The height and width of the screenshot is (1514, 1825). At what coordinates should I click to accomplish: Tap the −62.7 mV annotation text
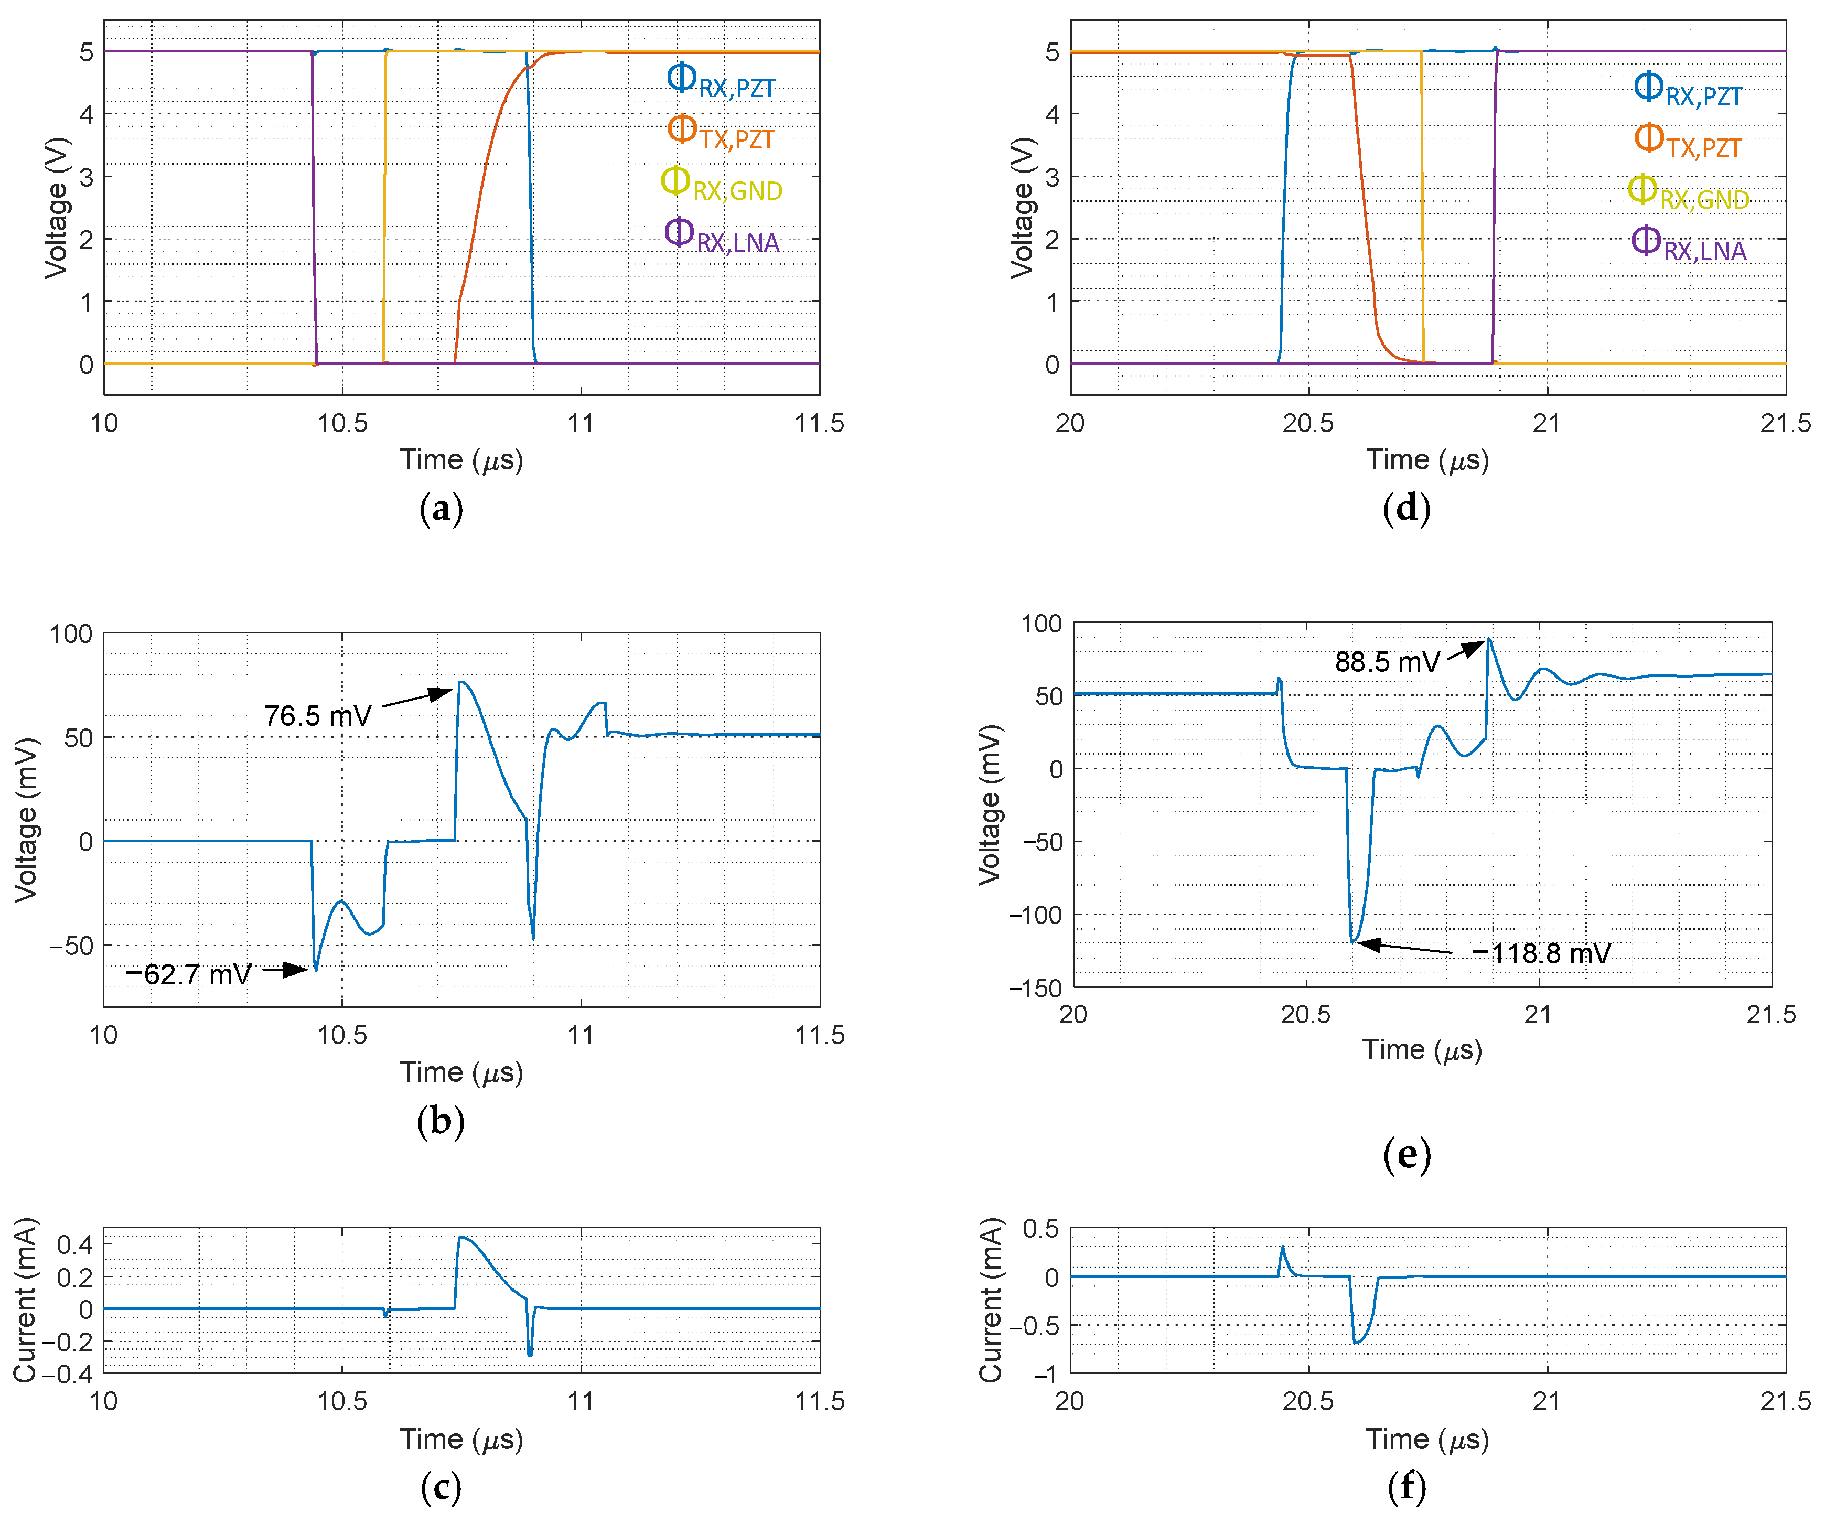click(x=189, y=974)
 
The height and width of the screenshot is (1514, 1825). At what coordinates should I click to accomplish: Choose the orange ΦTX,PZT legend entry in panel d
click(x=1688, y=142)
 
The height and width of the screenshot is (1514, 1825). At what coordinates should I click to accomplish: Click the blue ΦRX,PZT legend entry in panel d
click(x=1688, y=90)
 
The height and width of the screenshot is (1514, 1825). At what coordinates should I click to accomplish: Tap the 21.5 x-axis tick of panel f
click(x=1785, y=1401)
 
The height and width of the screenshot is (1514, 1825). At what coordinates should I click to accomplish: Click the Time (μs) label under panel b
click(x=461, y=1071)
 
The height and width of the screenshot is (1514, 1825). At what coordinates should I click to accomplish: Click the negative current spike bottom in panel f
click(x=1357, y=1343)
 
